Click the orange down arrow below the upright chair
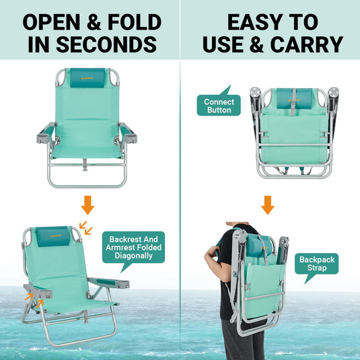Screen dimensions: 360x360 point(88,205)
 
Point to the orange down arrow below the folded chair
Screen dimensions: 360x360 point(268,205)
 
